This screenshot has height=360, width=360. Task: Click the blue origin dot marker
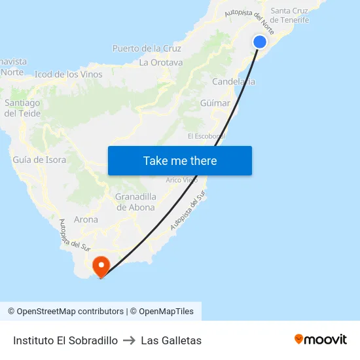pos(260,42)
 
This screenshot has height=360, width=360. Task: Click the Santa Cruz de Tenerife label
pos(290,15)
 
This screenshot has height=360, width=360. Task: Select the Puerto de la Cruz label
pos(147,48)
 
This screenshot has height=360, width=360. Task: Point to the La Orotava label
pos(161,63)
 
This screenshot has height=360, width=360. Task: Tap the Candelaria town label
pos(234,82)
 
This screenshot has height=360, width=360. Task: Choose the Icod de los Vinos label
pos(69,75)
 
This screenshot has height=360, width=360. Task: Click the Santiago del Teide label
pos(22,108)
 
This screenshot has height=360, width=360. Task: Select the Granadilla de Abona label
pos(135,202)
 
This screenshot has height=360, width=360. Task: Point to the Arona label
pos(86,220)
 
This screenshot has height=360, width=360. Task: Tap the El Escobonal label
pos(206,136)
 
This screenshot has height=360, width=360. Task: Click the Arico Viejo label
pos(181,180)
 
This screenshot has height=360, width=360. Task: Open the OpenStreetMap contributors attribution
pos(65,312)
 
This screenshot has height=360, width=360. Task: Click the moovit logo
pos(321,340)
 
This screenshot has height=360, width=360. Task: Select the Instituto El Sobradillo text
pos(65,340)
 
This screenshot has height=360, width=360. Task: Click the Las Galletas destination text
pos(171,340)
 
